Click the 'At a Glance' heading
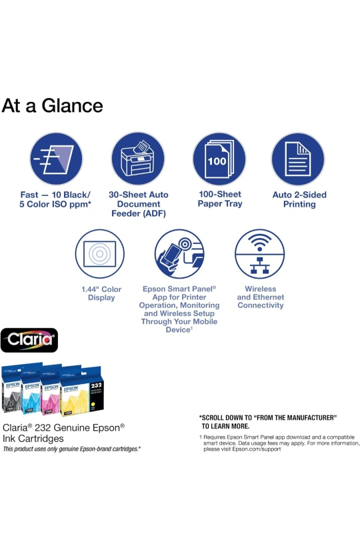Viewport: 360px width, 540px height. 53,106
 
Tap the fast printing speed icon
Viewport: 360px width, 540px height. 56,159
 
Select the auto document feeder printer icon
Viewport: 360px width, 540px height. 138,159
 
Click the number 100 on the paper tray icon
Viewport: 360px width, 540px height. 217,161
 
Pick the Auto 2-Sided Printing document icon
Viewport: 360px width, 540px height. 297,159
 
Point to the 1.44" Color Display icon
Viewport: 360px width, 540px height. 99,254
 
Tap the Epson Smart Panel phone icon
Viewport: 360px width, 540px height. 179,254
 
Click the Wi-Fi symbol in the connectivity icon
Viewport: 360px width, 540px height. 260,242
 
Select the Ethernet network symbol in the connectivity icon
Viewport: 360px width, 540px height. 260,265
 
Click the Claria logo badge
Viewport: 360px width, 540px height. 29,340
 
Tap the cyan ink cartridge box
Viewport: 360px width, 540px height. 31,389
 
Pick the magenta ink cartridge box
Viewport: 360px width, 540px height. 51,390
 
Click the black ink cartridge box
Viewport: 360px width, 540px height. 12,389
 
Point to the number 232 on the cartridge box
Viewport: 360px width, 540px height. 96,385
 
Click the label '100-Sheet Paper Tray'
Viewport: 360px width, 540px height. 220,199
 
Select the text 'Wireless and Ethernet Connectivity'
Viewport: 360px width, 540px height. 261,297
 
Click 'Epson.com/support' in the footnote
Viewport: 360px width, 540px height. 256,449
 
